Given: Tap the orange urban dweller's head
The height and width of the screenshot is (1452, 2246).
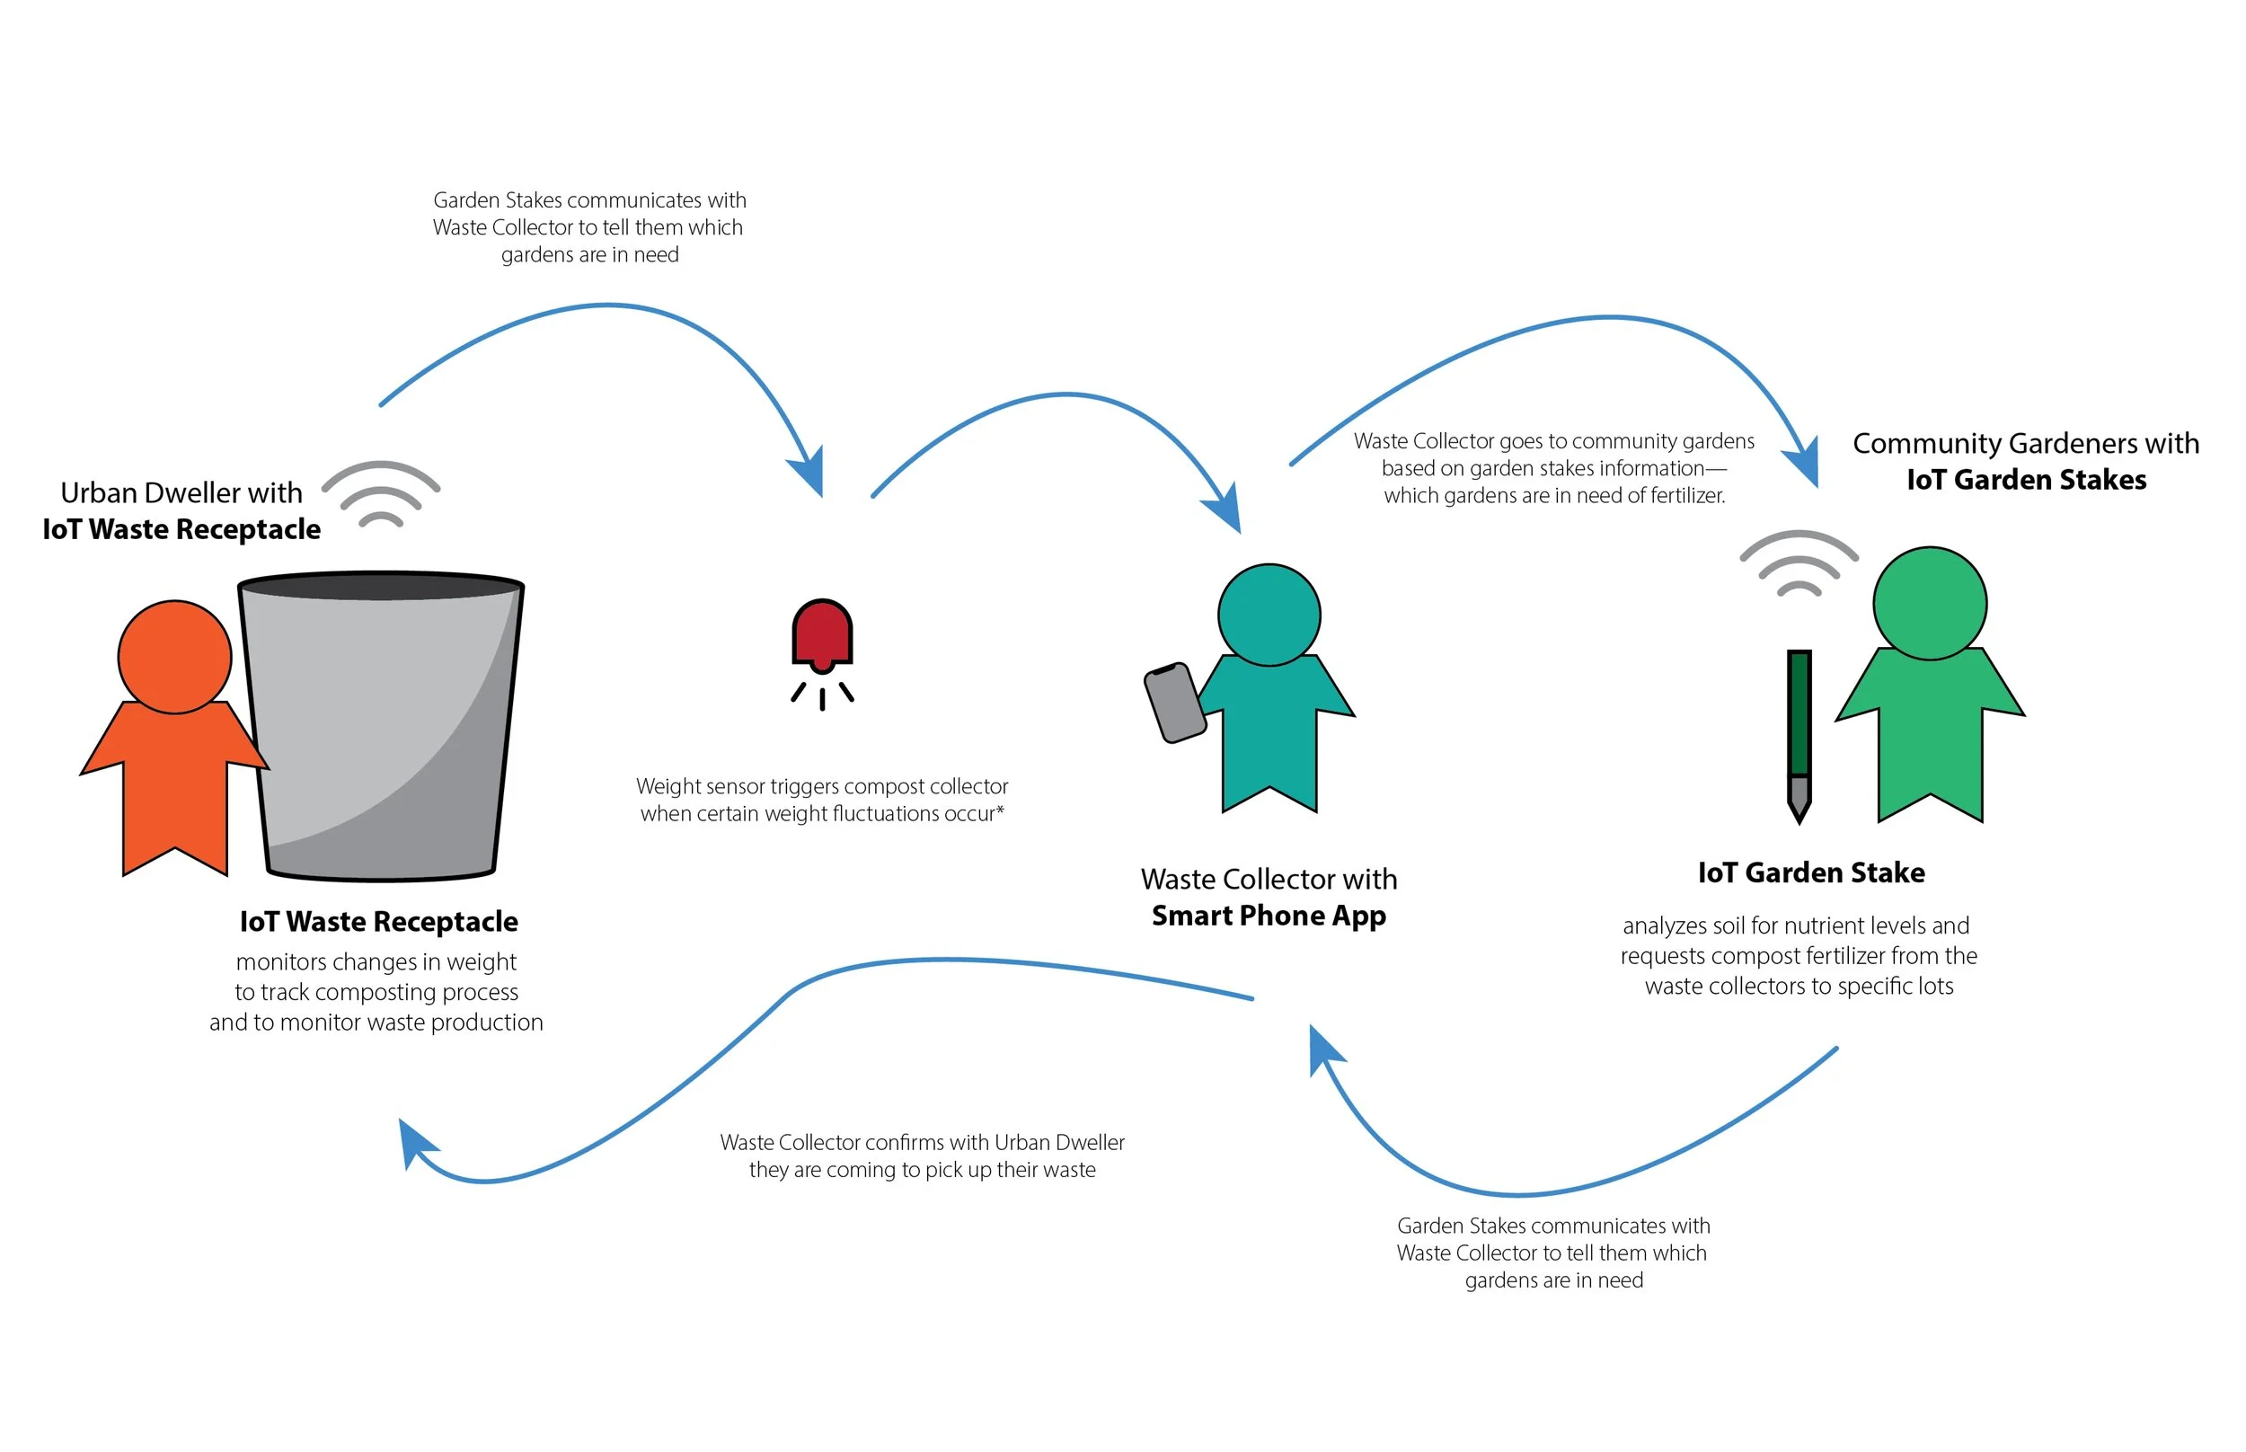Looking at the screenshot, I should click(174, 657).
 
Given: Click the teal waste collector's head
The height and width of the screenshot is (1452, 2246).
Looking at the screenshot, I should click(1269, 615).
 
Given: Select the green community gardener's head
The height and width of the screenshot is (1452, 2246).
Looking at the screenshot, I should click(1930, 604).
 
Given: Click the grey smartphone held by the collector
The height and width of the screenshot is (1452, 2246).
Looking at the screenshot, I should click(1174, 703).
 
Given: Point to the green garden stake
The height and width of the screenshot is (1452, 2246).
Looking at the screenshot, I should click(1799, 717).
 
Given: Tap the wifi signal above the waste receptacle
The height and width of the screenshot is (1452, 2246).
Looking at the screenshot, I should click(381, 494).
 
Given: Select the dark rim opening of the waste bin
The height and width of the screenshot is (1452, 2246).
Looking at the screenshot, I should click(381, 586).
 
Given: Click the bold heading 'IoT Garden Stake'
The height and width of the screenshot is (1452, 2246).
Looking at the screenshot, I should click(1810, 872).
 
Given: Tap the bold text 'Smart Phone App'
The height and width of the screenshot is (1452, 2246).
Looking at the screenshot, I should click(1269, 916).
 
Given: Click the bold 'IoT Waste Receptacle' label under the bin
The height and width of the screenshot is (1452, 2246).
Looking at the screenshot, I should click(378, 921).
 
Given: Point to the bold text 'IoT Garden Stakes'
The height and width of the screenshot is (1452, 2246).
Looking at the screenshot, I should click(2027, 480).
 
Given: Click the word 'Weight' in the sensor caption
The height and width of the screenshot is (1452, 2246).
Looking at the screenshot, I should click(668, 786).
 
